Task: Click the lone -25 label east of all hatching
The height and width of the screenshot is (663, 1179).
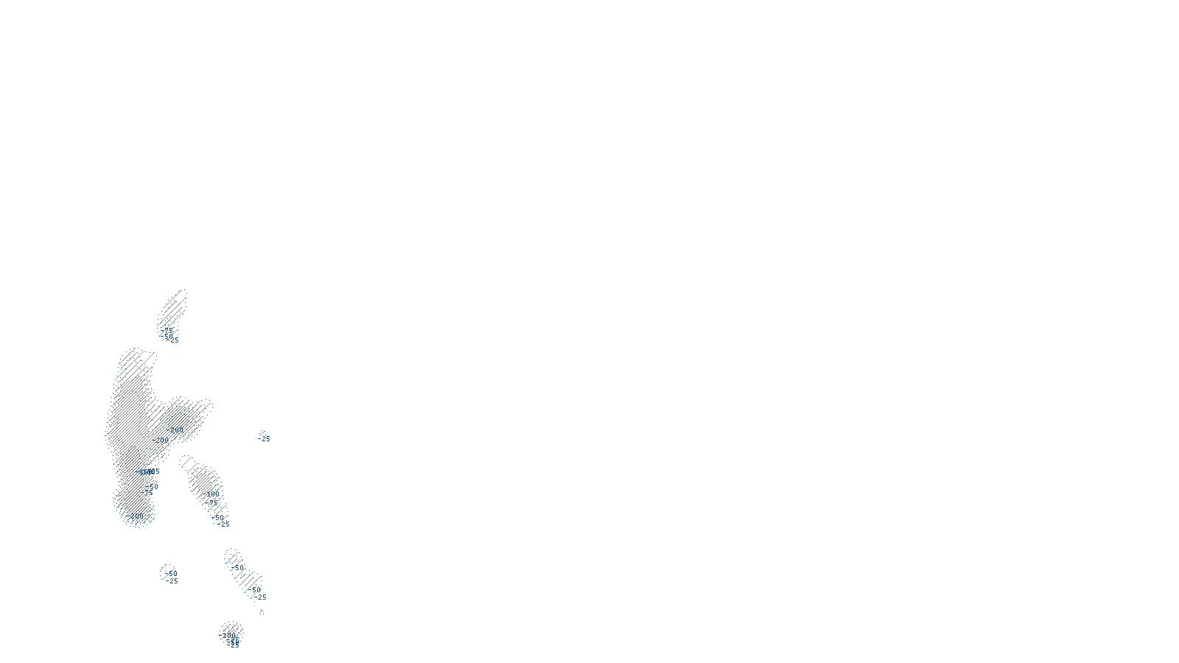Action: tap(265, 439)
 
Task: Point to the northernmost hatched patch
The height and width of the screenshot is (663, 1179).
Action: tap(174, 308)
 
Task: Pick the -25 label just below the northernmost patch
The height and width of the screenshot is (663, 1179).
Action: tap(173, 340)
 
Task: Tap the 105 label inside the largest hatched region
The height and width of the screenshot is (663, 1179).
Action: tap(153, 471)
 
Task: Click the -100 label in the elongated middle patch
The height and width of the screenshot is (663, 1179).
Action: tap(212, 494)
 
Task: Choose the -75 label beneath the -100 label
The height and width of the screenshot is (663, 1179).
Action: tap(213, 503)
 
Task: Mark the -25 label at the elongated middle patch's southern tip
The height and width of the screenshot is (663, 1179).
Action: tap(225, 525)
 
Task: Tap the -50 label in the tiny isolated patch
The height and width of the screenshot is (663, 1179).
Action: tap(172, 573)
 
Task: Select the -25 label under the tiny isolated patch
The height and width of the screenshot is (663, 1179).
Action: tap(172, 581)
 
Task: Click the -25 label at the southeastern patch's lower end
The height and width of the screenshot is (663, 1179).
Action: tap(261, 597)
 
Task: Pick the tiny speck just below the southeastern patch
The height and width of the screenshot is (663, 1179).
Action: tap(261, 611)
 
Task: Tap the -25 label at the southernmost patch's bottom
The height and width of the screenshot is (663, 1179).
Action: tap(234, 645)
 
